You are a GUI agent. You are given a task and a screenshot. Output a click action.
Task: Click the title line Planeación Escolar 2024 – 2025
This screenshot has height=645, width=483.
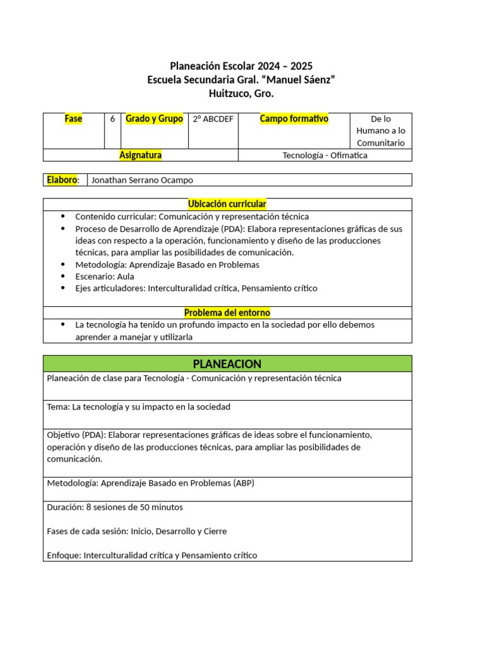241,66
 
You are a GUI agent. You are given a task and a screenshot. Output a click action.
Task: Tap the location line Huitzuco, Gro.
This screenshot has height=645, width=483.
241,94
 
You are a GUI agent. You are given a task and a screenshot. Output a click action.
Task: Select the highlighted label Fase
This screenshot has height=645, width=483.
74,118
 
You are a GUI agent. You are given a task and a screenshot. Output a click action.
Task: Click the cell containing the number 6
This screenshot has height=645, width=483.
112,118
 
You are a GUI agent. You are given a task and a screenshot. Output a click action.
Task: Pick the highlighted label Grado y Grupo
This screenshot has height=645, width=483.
154,118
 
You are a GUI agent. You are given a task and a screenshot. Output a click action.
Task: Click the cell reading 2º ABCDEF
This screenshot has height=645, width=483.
213,119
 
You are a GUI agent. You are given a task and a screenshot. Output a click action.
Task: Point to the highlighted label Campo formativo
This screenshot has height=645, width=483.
294,118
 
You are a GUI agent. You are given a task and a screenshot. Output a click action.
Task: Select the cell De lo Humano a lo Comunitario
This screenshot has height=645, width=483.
380,131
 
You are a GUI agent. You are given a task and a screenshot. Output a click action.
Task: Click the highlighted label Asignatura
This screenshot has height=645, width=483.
140,155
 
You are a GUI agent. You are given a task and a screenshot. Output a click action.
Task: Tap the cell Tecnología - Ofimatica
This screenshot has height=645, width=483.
325,155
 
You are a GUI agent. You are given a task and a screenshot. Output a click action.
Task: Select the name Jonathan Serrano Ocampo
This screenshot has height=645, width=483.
142,180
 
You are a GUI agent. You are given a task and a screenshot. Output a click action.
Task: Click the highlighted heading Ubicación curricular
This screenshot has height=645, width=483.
227,204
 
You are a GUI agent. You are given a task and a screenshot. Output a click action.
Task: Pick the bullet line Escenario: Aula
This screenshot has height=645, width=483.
104,277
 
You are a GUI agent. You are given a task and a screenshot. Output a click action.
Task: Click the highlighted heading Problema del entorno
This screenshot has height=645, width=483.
227,312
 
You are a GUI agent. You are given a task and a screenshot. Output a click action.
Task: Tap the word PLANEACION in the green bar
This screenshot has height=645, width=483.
227,364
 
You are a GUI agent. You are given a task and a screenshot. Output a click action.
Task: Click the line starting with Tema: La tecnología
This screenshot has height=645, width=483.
138,407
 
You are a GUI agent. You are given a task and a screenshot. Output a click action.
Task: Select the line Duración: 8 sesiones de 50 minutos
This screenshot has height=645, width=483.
115,507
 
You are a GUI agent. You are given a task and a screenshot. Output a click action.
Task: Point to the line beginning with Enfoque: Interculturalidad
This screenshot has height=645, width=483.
152,556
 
